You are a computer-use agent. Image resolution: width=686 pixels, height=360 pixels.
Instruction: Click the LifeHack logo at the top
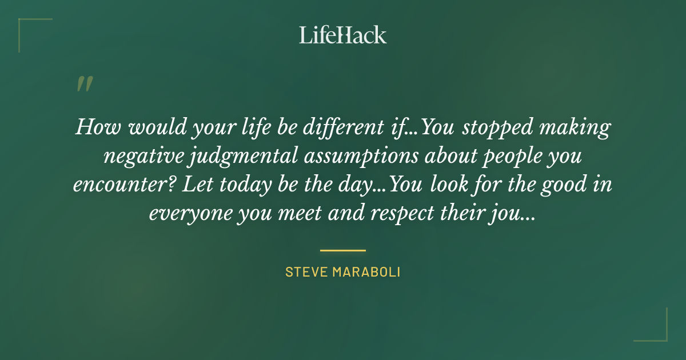[x=343, y=35]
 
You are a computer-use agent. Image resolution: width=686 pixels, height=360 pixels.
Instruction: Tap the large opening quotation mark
[x=84, y=84]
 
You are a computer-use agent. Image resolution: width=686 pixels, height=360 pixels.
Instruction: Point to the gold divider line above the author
[x=343, y=250]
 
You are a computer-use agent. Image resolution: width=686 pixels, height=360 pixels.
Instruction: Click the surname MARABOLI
[x=370, y=272]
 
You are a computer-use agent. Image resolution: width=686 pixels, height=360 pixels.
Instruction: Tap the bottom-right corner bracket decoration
[x=657, y=331]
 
